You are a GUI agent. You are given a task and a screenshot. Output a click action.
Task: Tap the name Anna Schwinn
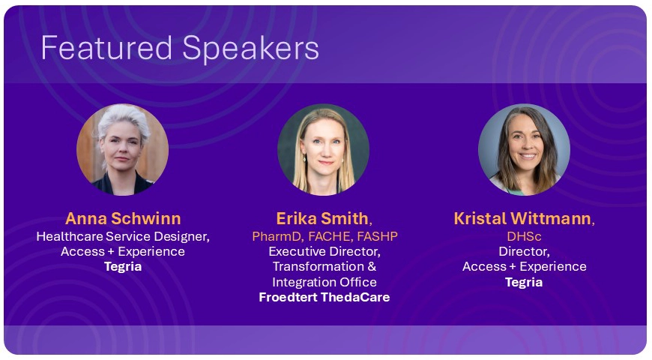pyautogui.click(x=123, y=218)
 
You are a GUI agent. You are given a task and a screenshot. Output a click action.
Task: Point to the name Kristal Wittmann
pyautogui.click(x=522, y=218)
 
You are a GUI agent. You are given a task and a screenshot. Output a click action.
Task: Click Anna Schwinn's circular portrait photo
pyautogui.click(x=123, y=148)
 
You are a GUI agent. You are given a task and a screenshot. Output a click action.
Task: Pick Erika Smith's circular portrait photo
pyautogui.click(x=324, y=148)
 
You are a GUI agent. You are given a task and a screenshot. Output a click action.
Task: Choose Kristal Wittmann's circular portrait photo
pyautogui.click(x=524, y=148)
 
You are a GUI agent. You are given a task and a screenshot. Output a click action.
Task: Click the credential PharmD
pyautogui.click(x=276, y=237)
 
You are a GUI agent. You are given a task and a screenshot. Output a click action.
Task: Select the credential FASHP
pyautogui.click(x=376, y=237)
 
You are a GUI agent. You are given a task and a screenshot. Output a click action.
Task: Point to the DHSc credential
pyautogui.click(x=524, y=237)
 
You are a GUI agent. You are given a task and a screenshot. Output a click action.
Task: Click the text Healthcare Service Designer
pyautogui.click(x=123, y=237)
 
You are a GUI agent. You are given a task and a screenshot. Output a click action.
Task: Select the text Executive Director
pyautogui.click(x=324, y=251)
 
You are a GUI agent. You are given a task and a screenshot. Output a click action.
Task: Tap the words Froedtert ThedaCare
pyautogui.click(x=324, y=297)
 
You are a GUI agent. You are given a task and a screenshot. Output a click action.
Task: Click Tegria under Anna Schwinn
pyautogui.click(x=123, y=266)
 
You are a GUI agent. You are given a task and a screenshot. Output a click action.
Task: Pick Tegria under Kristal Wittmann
pyautogui.click(x=524, y=282)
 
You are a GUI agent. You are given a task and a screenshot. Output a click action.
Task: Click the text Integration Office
pyautogui.click(x=324, y=282)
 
